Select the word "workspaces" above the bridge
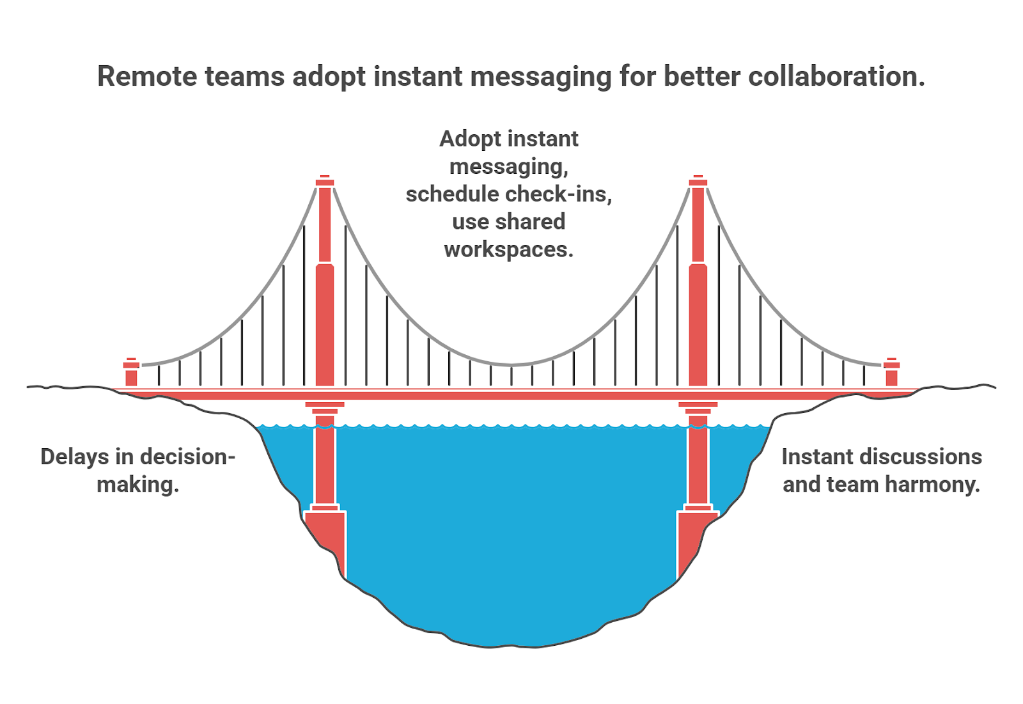[x=508, y=249]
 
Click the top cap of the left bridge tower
[x=325, y=182]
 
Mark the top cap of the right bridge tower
[x=698, y=182]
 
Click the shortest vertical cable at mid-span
[x=511, y=375]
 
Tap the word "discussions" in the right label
[x=921, y=457]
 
